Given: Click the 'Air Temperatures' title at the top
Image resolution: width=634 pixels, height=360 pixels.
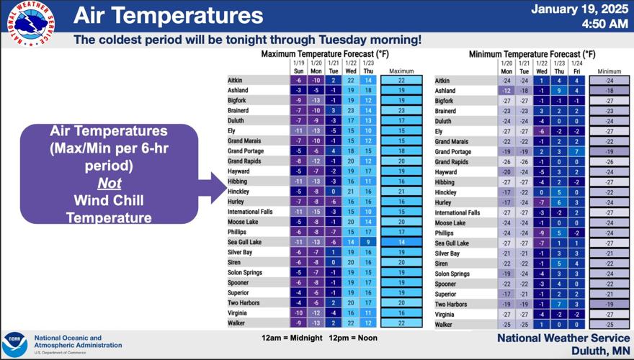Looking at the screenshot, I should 168,15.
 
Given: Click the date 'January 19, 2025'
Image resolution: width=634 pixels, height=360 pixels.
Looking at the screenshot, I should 579,9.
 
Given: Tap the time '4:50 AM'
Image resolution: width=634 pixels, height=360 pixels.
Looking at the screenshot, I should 604,24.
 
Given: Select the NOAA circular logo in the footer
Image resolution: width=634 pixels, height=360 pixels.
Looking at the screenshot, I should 15,343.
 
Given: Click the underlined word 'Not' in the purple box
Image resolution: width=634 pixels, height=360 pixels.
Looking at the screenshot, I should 110,183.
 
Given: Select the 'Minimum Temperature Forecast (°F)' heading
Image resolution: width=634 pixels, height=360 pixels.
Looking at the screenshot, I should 532,54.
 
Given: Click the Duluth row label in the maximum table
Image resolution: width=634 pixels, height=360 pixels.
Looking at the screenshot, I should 238,121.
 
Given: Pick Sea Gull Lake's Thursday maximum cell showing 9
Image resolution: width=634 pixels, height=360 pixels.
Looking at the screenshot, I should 368,243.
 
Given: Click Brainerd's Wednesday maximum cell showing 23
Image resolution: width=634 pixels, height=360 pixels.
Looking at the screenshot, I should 351,111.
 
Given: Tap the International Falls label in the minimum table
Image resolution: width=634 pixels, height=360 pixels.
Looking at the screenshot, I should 457,213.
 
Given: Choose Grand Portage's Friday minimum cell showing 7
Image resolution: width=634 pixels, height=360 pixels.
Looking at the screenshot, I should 576,152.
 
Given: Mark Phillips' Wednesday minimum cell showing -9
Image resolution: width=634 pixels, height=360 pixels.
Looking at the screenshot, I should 542,233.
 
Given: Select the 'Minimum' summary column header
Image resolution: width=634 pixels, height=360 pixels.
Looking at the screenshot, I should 609,71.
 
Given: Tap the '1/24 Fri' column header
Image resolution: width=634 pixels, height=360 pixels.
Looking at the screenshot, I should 576,67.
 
